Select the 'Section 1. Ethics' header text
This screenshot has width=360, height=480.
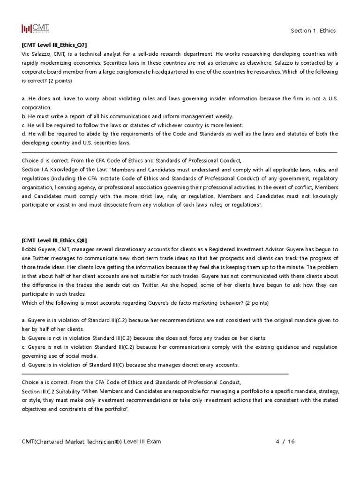coord(313,30)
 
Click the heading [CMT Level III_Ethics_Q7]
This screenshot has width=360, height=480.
coord(54,45)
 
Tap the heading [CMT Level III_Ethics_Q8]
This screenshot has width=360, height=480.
coord(54,240)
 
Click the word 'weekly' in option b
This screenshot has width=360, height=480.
coord(223,116)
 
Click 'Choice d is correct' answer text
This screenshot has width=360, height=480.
coord(48,160)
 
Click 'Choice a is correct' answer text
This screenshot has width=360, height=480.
coord(48,382)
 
